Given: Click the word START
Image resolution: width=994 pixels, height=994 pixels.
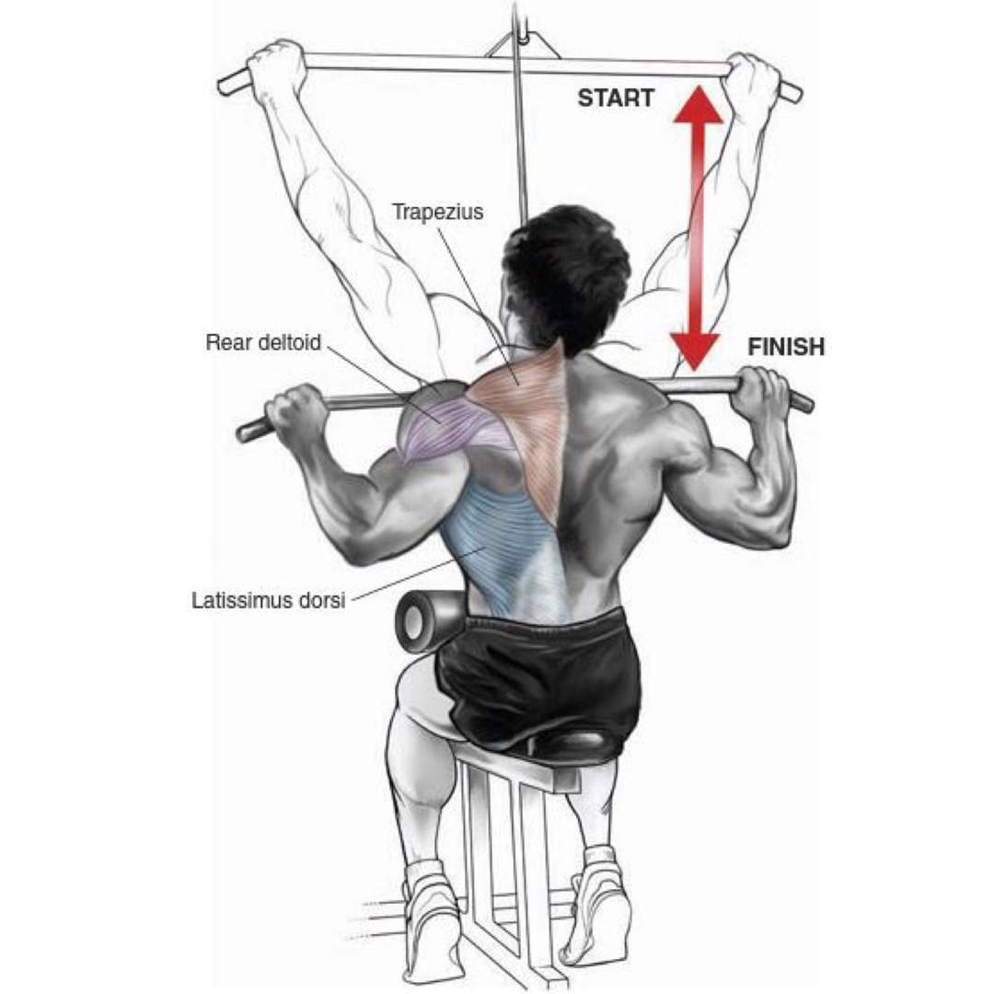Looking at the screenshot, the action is click(x=616, y=98).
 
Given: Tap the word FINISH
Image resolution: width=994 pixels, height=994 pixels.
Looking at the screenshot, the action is click(x=786, y=347).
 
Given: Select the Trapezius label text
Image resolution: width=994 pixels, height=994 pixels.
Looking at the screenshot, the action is click(x=437, y=212).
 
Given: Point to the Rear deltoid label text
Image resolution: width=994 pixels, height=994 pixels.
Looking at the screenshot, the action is click(x=263, y=343).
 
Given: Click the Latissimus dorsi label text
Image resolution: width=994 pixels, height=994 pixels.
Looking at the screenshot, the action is click(x=268, y=600).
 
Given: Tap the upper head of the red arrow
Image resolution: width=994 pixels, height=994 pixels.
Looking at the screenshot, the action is click(x=698, y=105).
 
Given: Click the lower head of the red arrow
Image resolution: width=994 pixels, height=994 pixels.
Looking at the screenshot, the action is click(x=696, y=352).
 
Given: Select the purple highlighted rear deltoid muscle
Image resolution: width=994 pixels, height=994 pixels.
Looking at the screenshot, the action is click(x=447, y=423).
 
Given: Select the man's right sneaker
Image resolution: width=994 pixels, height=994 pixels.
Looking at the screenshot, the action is click(x=599, y=913).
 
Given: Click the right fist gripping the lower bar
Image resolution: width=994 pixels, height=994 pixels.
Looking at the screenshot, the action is click(x=766, y=393).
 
